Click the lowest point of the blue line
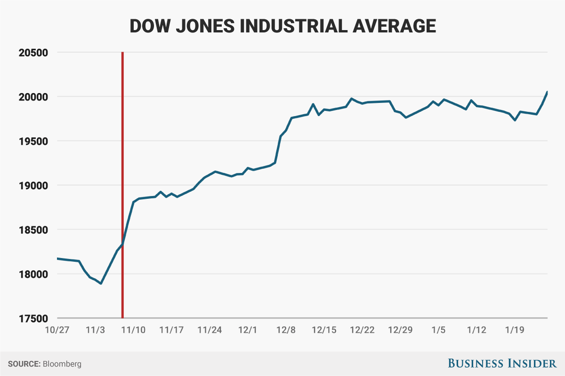101,283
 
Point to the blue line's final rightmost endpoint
547,92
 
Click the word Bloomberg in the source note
62,364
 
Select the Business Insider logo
502,363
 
